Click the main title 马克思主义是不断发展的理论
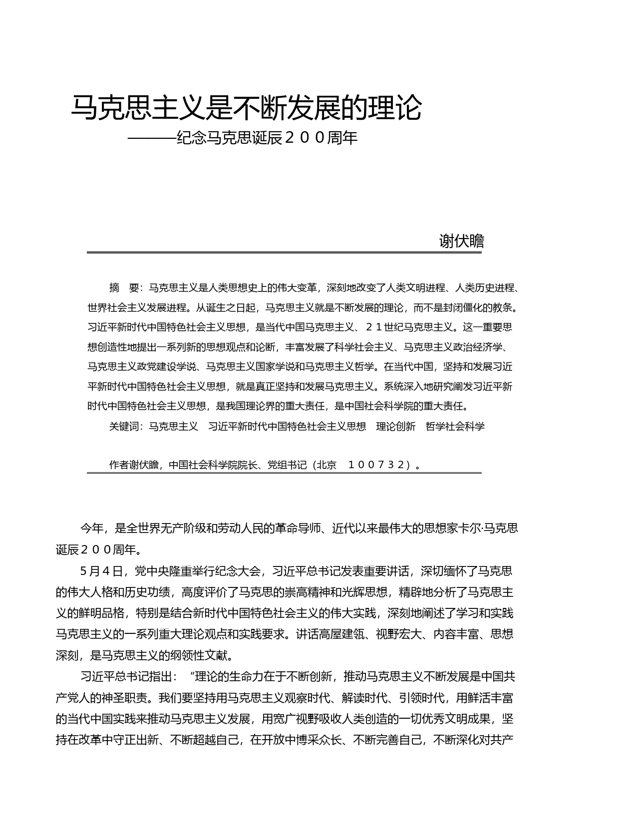246,107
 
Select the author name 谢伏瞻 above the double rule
461,241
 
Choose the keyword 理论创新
395,426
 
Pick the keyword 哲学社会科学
455,426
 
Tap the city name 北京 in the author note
326,465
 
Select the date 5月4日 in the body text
101,571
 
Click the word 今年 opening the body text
92,528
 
